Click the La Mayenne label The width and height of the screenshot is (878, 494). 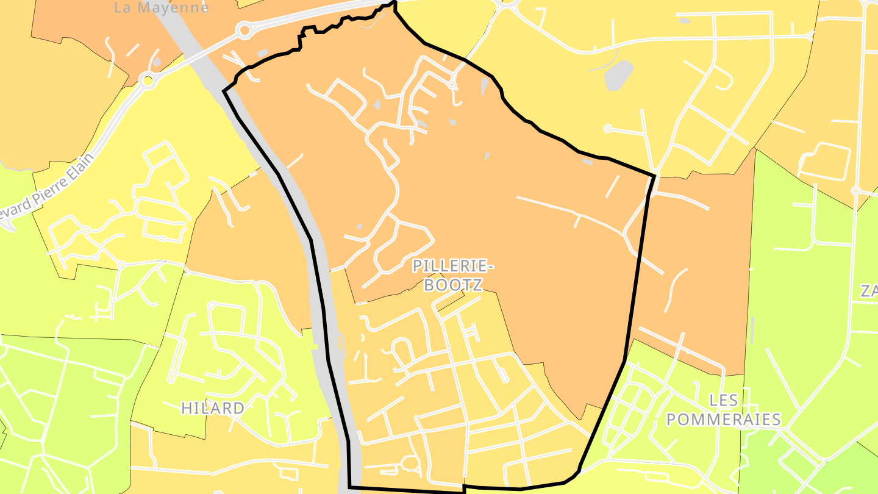point(162,8)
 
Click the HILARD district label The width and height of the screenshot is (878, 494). point(213,408)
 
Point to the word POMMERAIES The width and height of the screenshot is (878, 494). point(724,420)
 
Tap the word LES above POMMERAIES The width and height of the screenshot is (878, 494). point(724,401)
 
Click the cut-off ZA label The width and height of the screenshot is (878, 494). point(869,292)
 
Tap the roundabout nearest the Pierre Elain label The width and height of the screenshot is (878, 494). point(147,80)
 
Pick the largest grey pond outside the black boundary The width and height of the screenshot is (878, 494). point(619,75)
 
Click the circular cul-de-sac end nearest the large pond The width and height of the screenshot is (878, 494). point(607,128)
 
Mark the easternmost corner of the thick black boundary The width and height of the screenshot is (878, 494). point(654,176)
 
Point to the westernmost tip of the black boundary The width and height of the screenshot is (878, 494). point(224,91)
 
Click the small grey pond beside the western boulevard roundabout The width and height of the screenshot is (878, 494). point(157,62)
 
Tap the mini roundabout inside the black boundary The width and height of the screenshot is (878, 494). point(452,85)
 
